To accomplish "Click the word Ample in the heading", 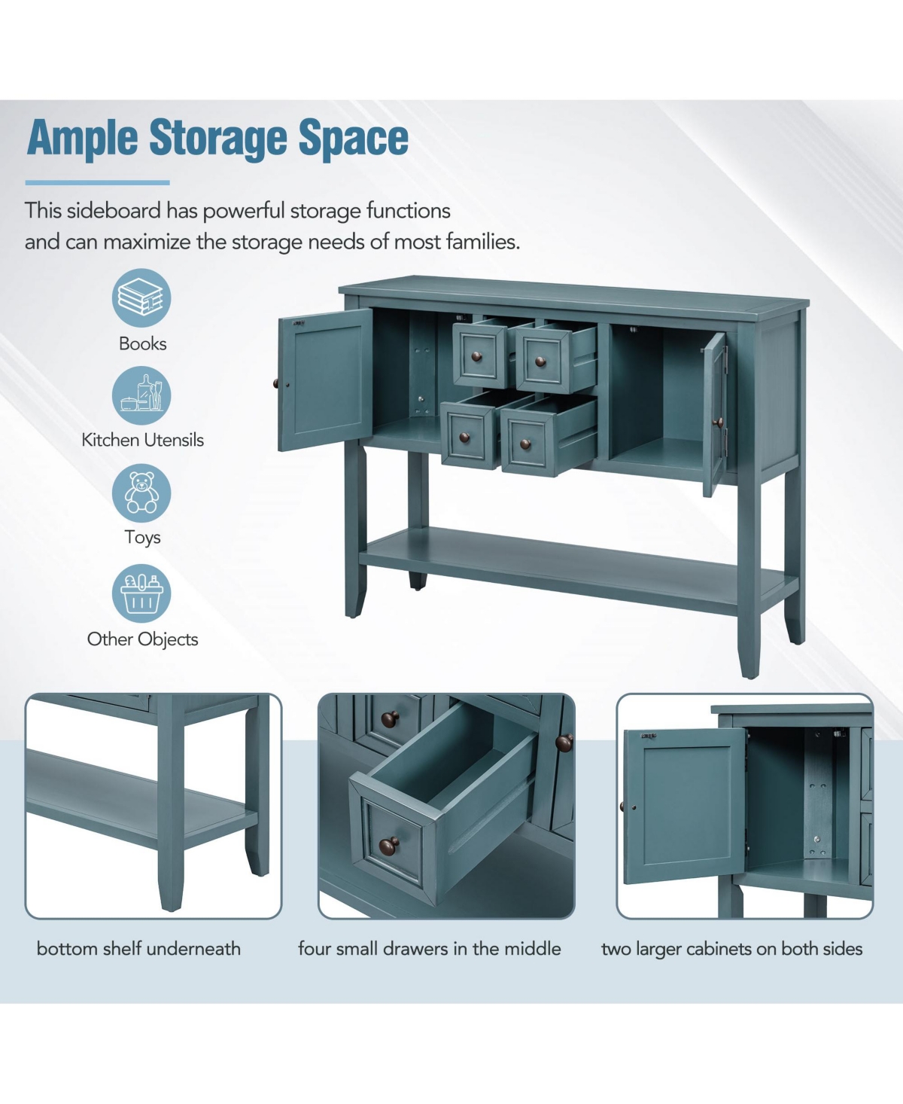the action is pyautogui.click(x=82, y=139).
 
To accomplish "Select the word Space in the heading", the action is pyautogui.click(x=354, y=139).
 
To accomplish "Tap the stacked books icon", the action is pyautogui.click(x=141, y=298).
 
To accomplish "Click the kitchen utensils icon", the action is pyautogui.click(x=141, y=395).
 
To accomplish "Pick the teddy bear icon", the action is pyautogui.click(x=141, y=493).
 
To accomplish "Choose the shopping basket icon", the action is pyautogui.click(x=141, y=593).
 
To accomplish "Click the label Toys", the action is pyautogui.click(x=142, y=538).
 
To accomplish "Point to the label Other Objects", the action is pyautogui.click(x=142, y=639).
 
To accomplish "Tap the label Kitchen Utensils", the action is pyautogui.click(x=142, y=440).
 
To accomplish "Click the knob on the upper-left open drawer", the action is pyautogui.click(x=476, y=357).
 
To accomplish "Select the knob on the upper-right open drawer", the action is pyautogui.click(x=540, y=361).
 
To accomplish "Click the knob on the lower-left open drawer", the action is pyautogui.click(x=464, y=438).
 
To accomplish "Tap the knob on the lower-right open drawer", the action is pyautogui.click(x=526, y=444).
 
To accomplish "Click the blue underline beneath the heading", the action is pyautogui.click(x=97, y=183).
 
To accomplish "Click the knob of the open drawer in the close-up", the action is pyautogui.click(x=389, y=846).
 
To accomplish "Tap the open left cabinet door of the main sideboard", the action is pyautogui.click(x=324, y=380).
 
